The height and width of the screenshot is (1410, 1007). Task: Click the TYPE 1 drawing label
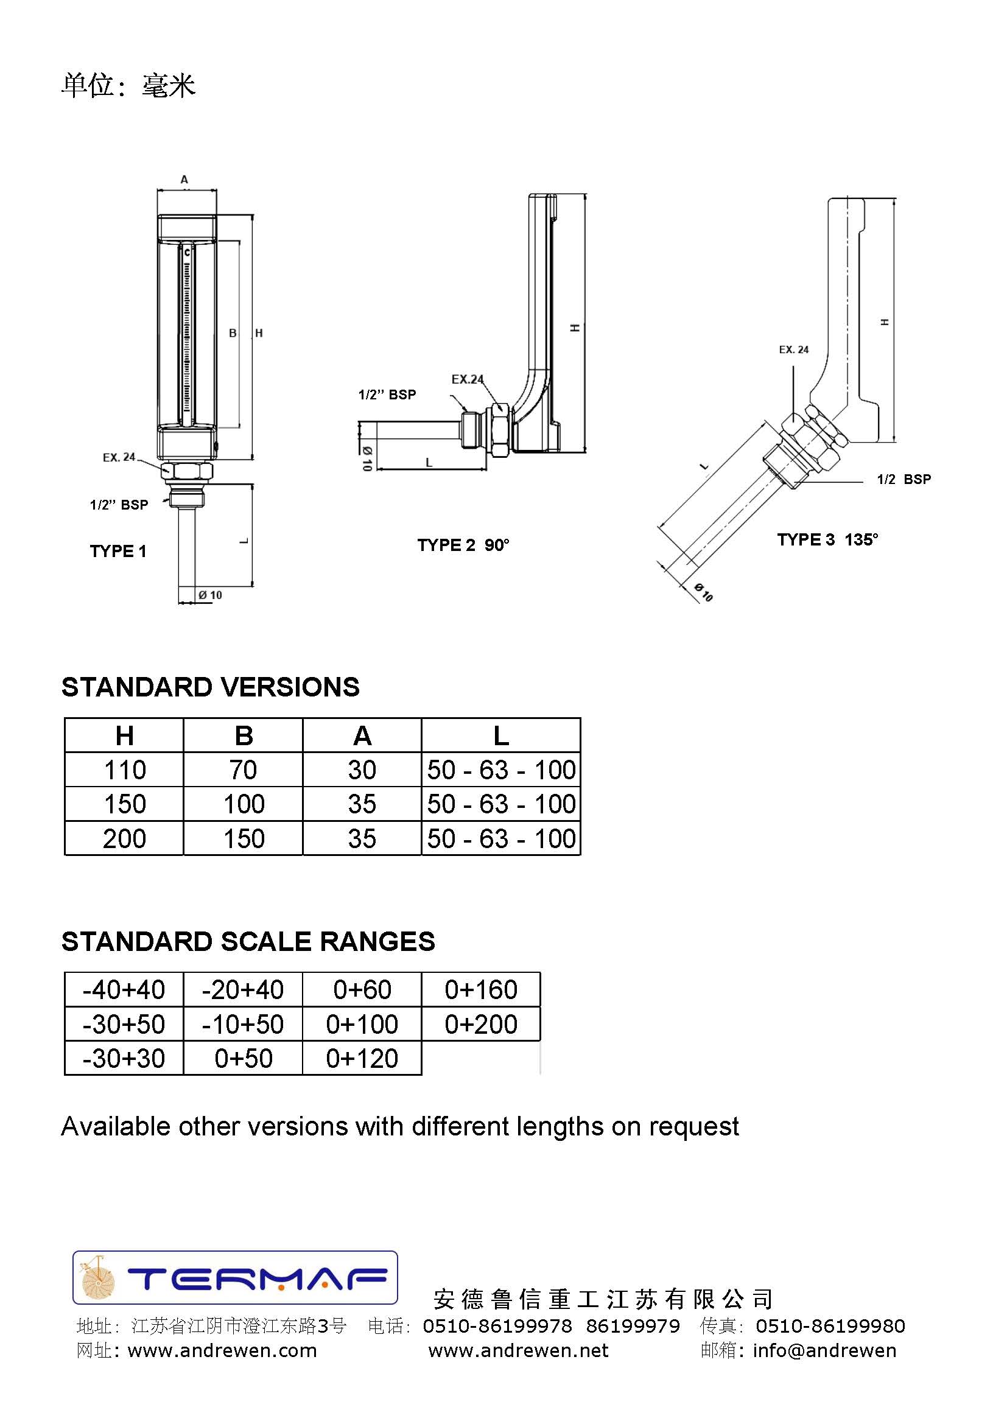pyautogui.click(x=118, y=551)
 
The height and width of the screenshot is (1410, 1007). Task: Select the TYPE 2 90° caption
pyautogui.click(x=463, y=545)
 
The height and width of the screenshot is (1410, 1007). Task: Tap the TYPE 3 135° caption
pyautogui.click(x=827, y=539)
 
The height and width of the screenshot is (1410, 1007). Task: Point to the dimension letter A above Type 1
pyautogui.click(x=184, y=180)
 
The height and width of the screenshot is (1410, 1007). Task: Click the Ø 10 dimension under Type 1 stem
pyautogui.click(x=210, y=595)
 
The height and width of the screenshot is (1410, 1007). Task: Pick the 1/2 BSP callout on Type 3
pyautogui.click(x=903, y=479)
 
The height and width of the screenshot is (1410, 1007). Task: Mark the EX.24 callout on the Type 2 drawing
pyautogui.click(x=468, y=379)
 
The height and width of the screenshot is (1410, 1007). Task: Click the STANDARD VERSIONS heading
pyautogui.click(x=210, y=687)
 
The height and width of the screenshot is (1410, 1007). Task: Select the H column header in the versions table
pyautogui.click(x=125, y=736)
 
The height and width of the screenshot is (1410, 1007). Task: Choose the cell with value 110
pyautogui.click(x=125, y=770)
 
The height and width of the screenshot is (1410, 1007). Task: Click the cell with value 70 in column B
pyautogui.click(x=243, y=770)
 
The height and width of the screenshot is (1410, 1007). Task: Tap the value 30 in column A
pyautogui.click(x=362, y=770)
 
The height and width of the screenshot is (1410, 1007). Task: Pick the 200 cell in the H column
pyautogui.click(x=125, y=839)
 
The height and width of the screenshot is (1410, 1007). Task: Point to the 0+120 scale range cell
pyautogui.click(x=362, y=1059)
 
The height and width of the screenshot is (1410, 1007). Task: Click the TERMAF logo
pyautogui.click(x=235, y=1278)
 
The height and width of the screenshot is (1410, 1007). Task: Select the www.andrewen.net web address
pyautogui.click(x=518, y=1350)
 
